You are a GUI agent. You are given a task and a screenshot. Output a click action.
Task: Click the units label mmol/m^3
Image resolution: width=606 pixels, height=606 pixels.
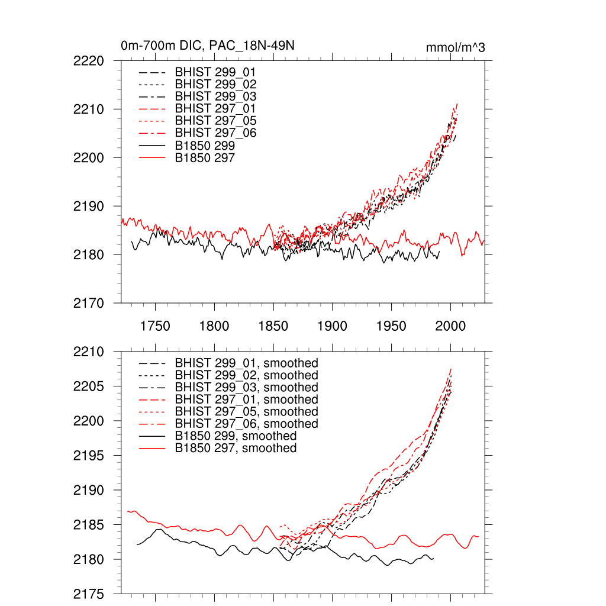(455, 48)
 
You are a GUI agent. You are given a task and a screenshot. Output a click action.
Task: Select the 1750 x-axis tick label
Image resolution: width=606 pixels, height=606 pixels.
(155, 326)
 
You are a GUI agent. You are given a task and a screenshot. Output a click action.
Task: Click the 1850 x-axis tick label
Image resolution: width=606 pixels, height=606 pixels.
(273, 326)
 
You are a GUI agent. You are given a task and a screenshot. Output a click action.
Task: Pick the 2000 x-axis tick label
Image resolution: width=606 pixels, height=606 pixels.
(451, 326)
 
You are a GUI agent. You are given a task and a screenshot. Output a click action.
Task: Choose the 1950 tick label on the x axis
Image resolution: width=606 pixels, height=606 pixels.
(392, 326)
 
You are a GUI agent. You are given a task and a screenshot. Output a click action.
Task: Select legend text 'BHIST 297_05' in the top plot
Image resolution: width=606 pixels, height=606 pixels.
(216, 121)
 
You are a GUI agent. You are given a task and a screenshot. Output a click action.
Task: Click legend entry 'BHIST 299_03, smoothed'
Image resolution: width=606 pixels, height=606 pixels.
(247, 388)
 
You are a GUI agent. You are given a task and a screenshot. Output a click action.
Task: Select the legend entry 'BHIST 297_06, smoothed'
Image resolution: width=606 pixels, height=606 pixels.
(247, 424)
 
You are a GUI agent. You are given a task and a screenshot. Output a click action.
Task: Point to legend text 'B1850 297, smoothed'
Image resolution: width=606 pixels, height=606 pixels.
(236, 449)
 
